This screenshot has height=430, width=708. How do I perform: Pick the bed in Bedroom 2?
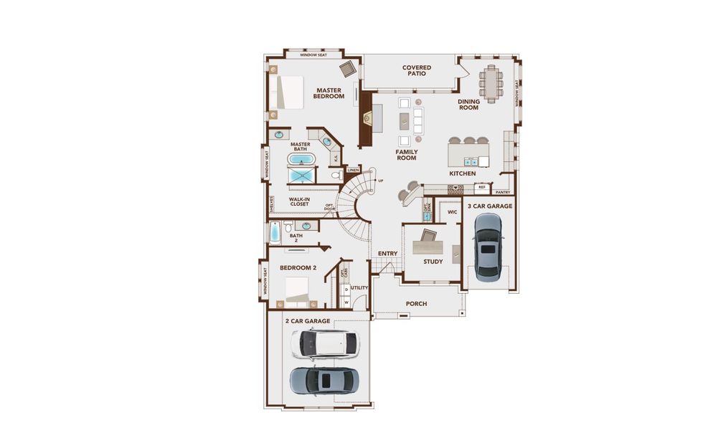297,290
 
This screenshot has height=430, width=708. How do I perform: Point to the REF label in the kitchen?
482,187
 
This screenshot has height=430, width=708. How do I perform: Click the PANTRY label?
503,192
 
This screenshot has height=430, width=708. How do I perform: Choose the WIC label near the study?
452,212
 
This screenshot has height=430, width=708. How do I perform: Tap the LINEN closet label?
353,170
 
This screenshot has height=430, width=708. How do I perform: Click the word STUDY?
433,262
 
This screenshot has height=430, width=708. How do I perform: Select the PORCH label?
416,304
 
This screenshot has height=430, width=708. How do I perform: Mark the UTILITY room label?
359,288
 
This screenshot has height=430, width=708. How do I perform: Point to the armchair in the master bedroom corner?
348,68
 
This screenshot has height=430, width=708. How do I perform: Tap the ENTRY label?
387,253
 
